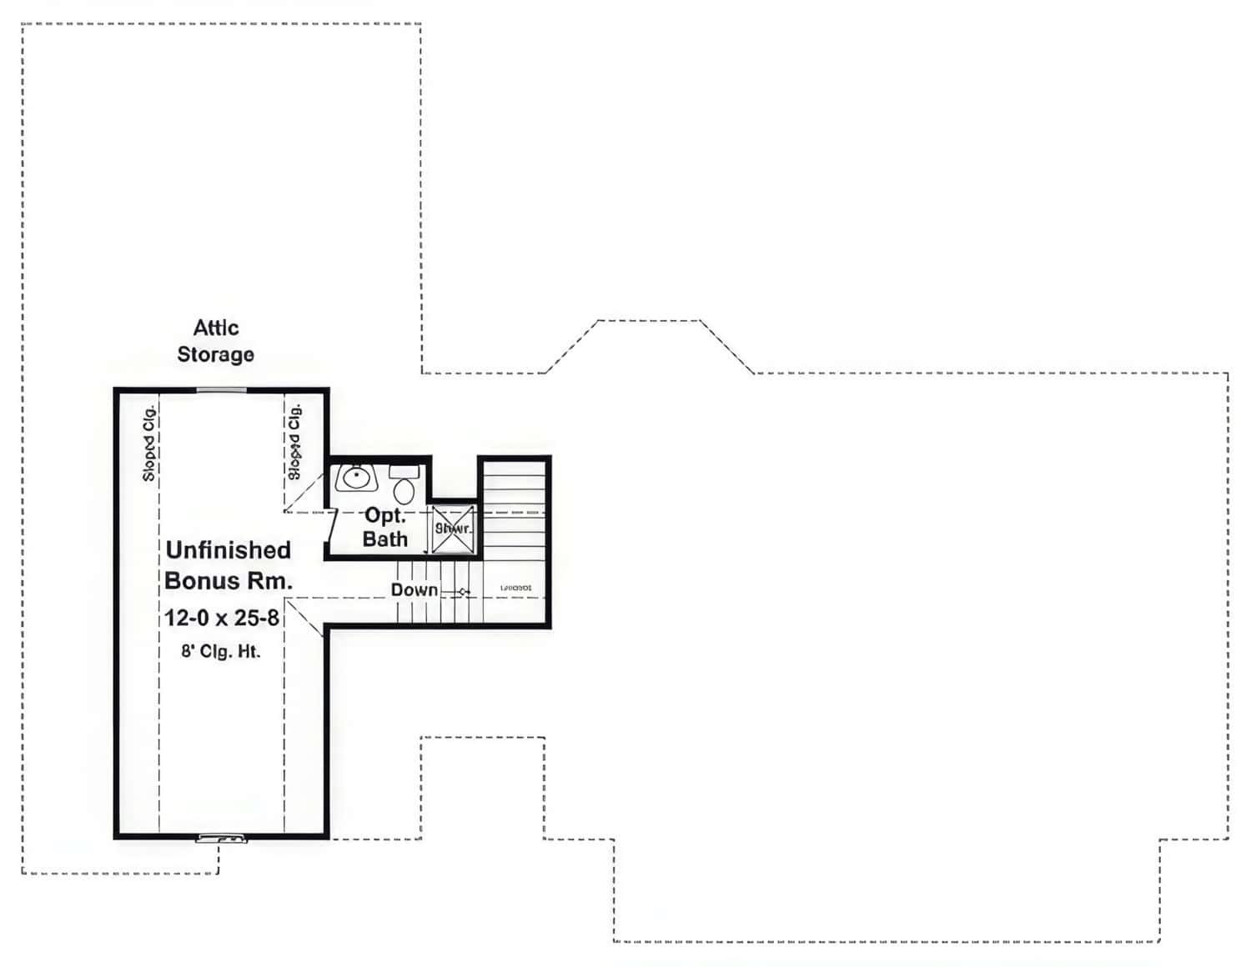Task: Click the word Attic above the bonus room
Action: (x=216, y=328)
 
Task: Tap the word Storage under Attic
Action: (x=215, y=354)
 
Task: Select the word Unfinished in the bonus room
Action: (x=228, y=550)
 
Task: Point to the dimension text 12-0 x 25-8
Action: (x=221, y=618)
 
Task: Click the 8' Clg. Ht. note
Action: (x=221, y=651)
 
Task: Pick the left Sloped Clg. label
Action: (x=149, y=443)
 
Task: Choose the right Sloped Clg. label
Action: (x=294, y=441)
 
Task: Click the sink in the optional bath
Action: (x=357, y=478)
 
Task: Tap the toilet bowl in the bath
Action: (x=404, y=490)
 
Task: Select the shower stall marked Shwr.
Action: (x=453, y=529)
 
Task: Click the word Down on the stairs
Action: (x=414, y=590)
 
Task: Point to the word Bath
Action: (x=384, y=539)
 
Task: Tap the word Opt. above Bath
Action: (x=385, y=516)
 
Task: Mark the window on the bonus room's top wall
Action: (x=221, y=389)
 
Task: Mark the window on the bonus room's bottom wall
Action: (x=221, y=838)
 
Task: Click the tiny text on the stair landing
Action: (x=515, y=589)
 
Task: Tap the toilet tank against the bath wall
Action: (x=404, y=472)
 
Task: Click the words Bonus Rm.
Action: (x=229, y=581)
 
